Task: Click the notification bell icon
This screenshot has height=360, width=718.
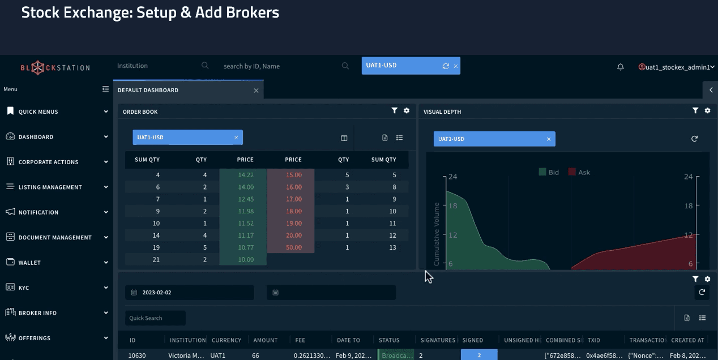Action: (621, 67)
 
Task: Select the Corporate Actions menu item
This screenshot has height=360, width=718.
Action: (49, 162)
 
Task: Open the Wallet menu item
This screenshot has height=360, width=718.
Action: (29, 263)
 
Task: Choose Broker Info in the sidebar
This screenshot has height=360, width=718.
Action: (37, 313)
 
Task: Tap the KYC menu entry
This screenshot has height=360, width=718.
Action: (23, 288)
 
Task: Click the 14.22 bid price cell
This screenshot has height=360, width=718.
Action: (245, 175)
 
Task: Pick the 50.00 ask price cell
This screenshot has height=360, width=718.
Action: (293, 247)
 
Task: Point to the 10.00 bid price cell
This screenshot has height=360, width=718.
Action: (245, 259)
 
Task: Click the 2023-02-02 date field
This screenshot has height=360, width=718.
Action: (190, 293)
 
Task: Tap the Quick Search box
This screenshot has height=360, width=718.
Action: (155, 318)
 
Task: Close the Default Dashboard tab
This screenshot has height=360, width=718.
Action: (256, 91)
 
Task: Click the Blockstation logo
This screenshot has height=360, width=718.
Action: (55, 68)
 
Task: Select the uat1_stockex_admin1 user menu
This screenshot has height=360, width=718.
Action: (677, 67)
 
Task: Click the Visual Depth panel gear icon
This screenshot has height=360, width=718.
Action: (707, 111)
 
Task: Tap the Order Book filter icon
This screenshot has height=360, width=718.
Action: (395, 111)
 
